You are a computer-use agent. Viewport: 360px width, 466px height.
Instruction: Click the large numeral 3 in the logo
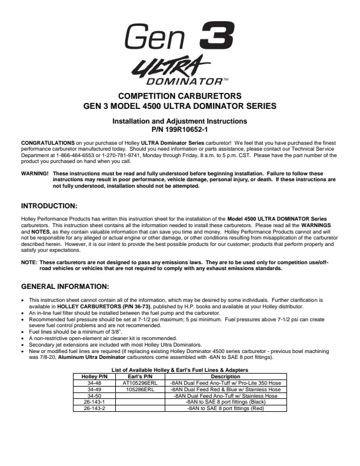[x=218, y=35]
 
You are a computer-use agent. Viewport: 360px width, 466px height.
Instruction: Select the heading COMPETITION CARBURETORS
[x=180, y=96]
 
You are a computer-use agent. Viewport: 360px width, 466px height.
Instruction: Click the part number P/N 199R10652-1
[x=180, y=128]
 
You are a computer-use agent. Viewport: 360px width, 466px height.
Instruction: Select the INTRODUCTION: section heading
[x=49, y=206]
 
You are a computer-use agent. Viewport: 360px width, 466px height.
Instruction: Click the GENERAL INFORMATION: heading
[x=65, y=287]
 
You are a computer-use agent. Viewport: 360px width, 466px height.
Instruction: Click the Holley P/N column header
[x=94, y=377]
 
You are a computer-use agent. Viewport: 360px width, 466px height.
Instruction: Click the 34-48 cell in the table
[x=94, y=382]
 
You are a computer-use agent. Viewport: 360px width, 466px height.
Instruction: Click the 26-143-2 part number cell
[x=94, y=408]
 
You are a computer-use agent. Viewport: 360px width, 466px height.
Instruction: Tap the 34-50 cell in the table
[x=94, y=395]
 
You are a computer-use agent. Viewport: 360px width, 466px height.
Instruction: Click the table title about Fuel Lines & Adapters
[x=180, y=370]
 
